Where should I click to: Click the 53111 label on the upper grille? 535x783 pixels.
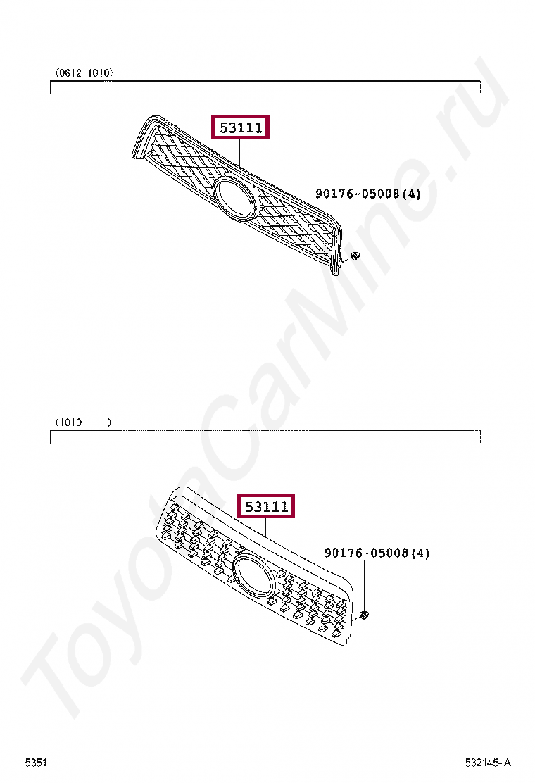click(x=241, y=127)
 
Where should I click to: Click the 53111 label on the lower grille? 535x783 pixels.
click(x=266, y=506)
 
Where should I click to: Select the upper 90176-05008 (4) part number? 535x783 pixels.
click(x=367, y=193)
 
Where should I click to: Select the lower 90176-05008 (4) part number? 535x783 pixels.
click(x=377, y=553)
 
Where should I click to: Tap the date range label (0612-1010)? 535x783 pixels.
click(x=84, y=73)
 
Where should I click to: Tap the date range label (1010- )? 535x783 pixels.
click(x=83, y=422)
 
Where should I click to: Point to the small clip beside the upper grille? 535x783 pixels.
click(x=355, y=256)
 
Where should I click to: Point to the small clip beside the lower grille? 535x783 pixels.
click(x=365, y=615)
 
